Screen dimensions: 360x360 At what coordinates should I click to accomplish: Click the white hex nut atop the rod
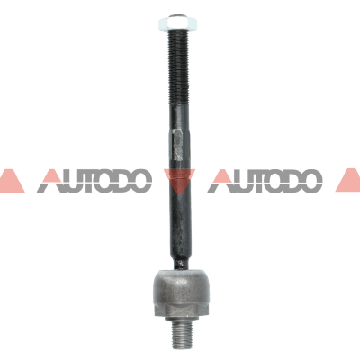pyautogui.click(x=177, y=23)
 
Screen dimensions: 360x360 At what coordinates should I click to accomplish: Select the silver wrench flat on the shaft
pyautogui.click(x=177, y=145)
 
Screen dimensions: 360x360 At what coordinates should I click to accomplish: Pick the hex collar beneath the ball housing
pyautogui.click(x=181, y=311)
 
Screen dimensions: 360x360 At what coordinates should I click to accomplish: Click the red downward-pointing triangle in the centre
pyautogui.click(x=180, y=180)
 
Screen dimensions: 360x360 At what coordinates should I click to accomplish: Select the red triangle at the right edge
pyautogui.click(x=349, y=181)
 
